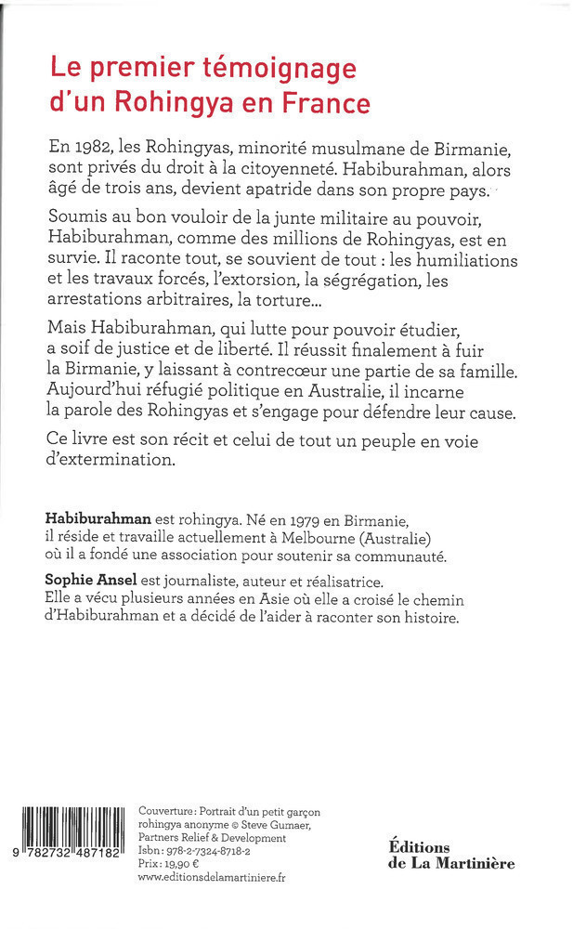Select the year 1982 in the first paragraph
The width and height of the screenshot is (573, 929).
(95, 149)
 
